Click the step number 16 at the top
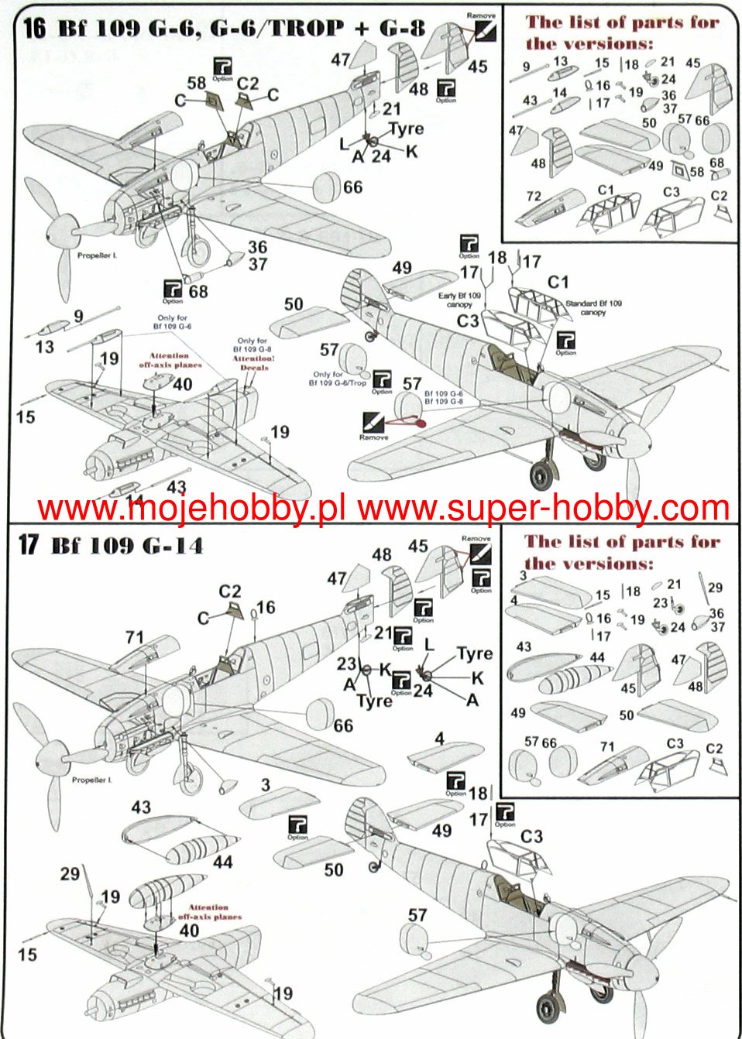[34, 28]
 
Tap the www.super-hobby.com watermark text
[543, 509]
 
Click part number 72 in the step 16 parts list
[534, 196]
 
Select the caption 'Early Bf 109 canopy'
[459, 300]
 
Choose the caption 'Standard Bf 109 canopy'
[593, 307]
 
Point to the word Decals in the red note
[254, 368]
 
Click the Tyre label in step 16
[406, 129]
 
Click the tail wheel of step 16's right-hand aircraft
[372, 336]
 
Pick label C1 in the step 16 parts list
[606, 190]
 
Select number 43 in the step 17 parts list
[524, 646]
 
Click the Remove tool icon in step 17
[481, 554]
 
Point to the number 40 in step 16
[182, 385]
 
